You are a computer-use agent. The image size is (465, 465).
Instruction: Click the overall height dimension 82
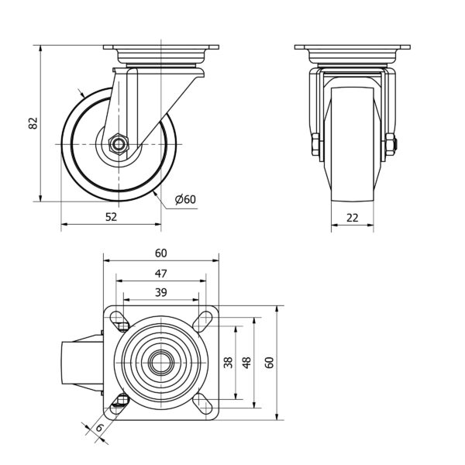(33, 124)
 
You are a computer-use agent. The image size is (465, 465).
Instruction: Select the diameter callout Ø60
(186, 199)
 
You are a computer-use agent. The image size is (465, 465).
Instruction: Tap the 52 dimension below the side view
(111, 218)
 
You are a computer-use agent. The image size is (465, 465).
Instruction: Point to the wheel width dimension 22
(353, 218)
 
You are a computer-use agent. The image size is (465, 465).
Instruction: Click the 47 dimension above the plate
(160, 272)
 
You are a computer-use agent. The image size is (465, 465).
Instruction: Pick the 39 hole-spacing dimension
(160, 291)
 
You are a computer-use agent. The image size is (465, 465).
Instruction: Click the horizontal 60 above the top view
(160, 253)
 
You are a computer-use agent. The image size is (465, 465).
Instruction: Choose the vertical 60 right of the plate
(270, 362)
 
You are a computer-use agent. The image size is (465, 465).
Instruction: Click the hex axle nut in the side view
(118, 143)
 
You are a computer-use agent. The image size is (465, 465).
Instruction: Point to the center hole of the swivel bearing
(161, 361)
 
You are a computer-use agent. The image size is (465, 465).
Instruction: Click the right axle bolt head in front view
(391, 144)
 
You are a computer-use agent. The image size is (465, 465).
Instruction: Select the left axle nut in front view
(315, 144)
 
